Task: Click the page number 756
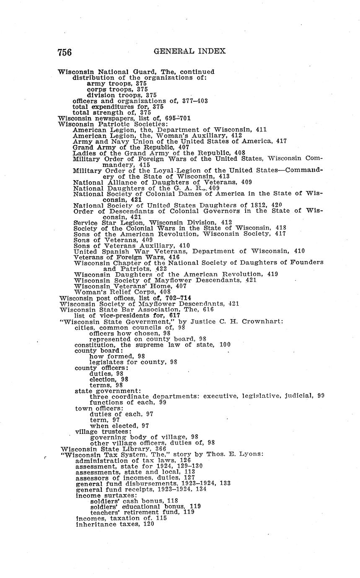(65, 52)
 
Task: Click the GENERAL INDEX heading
(190, 51)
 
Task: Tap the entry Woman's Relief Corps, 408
(122, 292)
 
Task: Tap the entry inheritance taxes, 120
(115, 524)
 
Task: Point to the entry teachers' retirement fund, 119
(142, 512)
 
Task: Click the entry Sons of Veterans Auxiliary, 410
(132, 245)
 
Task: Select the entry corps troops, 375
(117, 89)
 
